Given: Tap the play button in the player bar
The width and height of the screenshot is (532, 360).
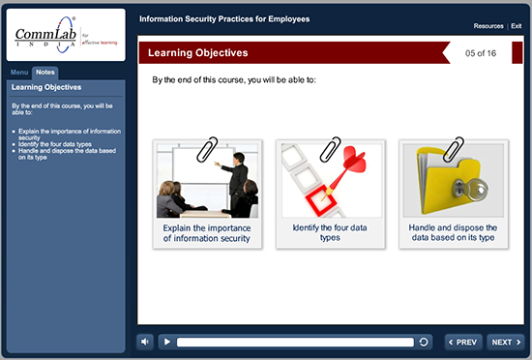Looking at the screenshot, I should [x=166, y=342].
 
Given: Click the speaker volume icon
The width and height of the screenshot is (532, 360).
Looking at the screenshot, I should [x=144, y=342].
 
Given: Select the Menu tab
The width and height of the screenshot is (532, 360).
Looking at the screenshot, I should [x=19, y=73].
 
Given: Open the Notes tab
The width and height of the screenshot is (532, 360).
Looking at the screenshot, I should [x=44, y=73].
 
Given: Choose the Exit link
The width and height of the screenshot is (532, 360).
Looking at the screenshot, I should [x=517, y=25].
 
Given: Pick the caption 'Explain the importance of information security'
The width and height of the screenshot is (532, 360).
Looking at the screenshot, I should [x=207, y=232].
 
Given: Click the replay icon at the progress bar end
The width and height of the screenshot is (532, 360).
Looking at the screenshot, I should [x=424, y=342].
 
